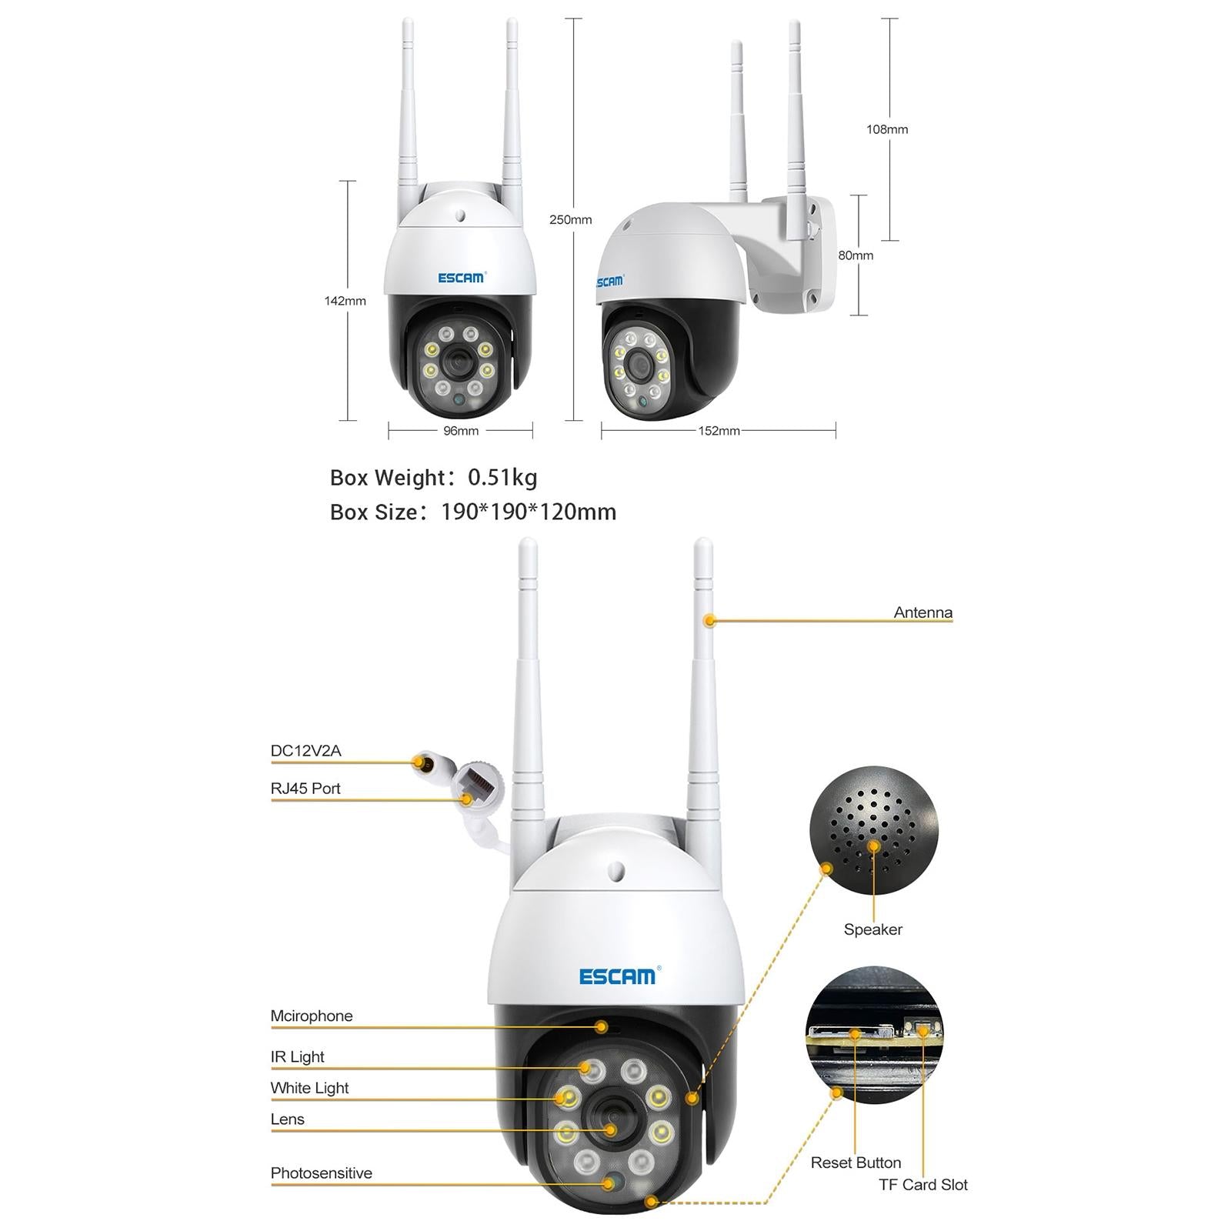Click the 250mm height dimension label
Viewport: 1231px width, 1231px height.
[x=570, y=220]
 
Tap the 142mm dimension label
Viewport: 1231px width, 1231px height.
[x=345, y=301]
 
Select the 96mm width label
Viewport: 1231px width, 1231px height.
[x=461, y=431]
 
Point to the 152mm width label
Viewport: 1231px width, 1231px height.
[x=719, y=431]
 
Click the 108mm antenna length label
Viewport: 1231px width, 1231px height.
[x=887, y=129]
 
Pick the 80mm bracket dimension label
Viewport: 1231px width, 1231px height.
[x=856, y=255]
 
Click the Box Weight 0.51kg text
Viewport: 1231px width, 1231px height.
[x=433, y=478]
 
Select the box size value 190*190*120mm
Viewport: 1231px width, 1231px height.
[x=528, y=512]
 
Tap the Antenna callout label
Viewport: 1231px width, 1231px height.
[x=922, y=612]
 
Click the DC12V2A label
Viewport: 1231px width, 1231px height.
[x=305, y=751]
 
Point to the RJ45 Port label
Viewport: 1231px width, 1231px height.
[x=305, y=789]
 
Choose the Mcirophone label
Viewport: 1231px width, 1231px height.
[x=311, y=1016]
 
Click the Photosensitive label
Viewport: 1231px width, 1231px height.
[x=321, y=1173]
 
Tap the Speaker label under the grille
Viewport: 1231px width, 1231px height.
[x=872, y=929]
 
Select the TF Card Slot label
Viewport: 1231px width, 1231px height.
[x=922, y=1185]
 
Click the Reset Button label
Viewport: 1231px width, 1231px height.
[x=856, y=1163]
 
